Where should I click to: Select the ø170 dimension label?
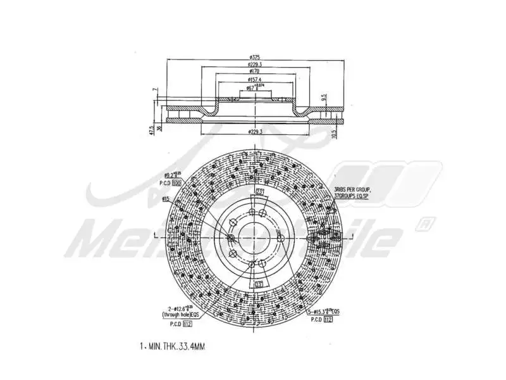click(256, 72)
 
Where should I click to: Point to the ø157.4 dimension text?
click(256, 80)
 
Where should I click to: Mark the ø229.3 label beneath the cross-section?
click(256, 131)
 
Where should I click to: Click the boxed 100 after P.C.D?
click(176, 182)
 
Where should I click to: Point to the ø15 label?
click(165, 199)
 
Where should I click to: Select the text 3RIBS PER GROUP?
click(353, 189)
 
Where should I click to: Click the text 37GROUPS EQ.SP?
click(353, 196)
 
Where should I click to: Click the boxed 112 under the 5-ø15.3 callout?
click(329, 320)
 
